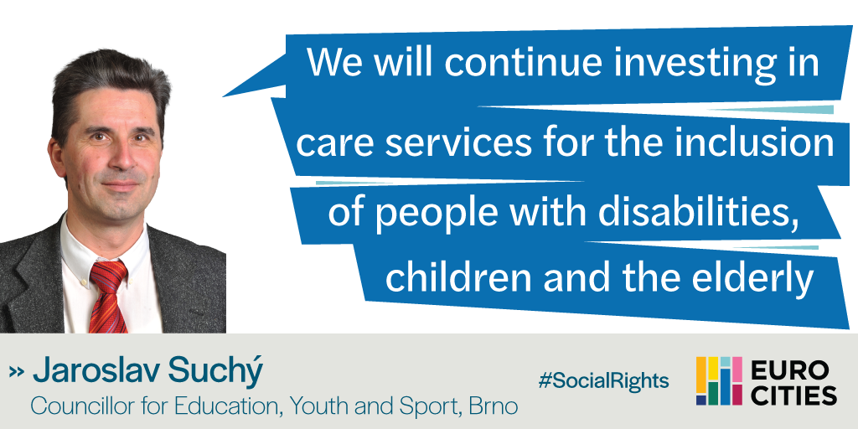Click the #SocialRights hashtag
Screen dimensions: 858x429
[603, 380]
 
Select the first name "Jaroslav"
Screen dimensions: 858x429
[96, 371]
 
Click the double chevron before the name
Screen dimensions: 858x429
[17, 372]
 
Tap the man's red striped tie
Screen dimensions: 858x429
[108, 297]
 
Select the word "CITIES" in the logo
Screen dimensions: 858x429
[793, 395]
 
